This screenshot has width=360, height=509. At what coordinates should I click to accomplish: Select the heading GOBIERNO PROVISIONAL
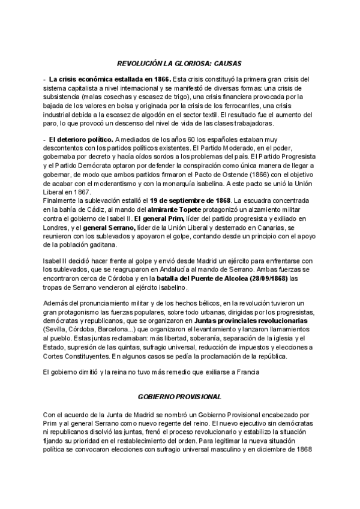(179, 397)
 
